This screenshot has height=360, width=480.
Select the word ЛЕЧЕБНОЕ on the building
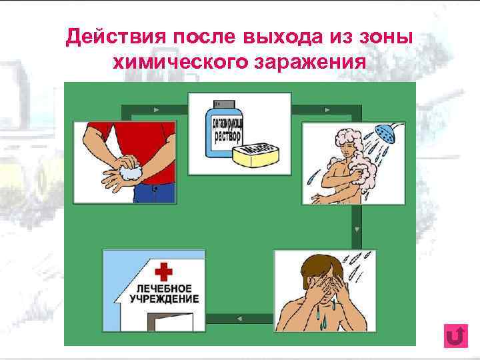(x=164, y=288)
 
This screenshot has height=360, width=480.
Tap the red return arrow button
(x=455, y=336)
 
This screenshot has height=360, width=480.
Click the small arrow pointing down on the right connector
(x=357, y=229)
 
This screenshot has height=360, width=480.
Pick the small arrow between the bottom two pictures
(x=239, y=317)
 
